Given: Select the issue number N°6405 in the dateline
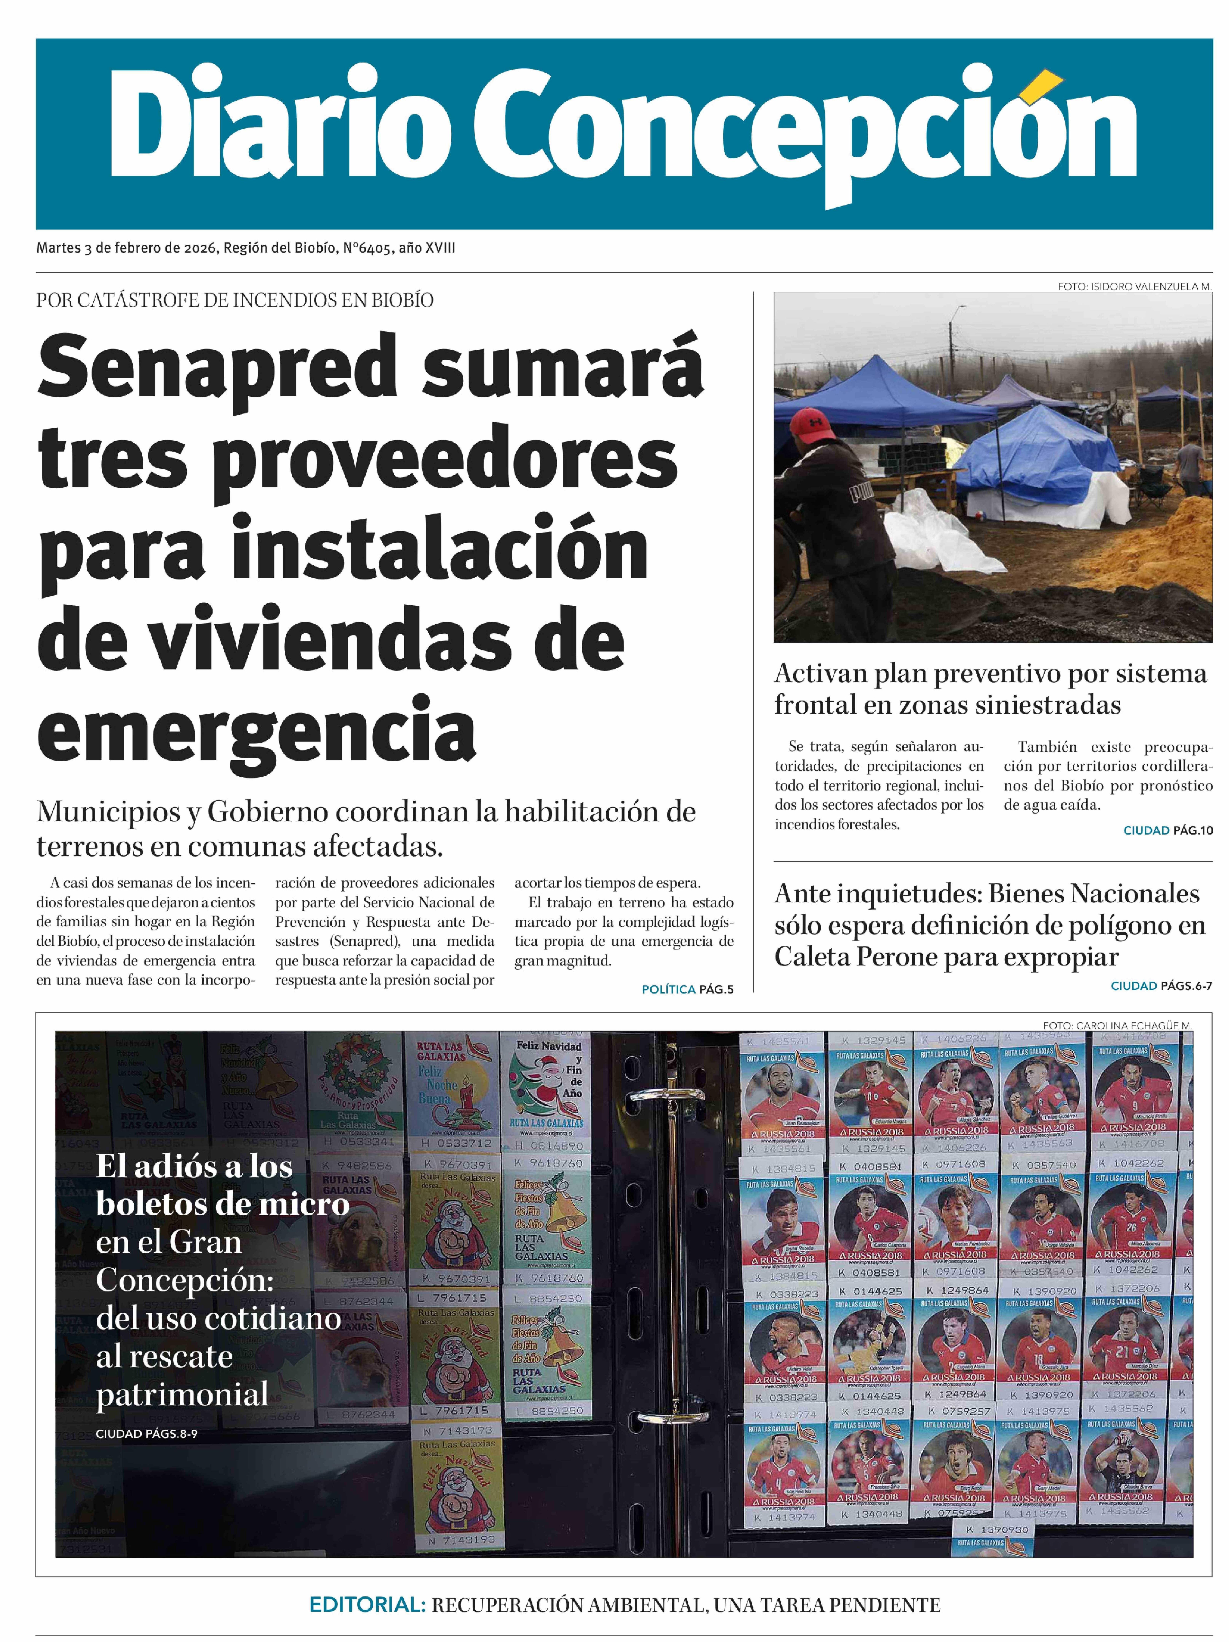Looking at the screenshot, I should coord(367,248).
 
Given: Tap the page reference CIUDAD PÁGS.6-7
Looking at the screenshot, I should coord(1161,986).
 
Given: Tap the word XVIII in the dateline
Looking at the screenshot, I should coord(440,248).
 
